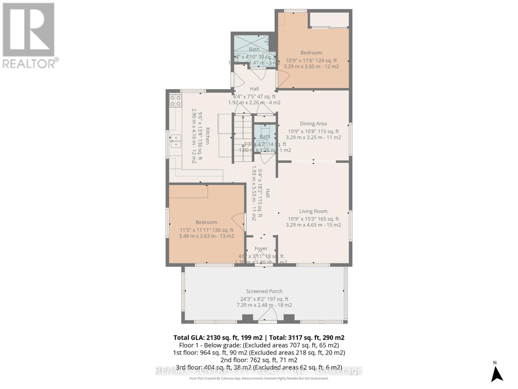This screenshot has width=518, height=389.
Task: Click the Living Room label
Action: point(313,211)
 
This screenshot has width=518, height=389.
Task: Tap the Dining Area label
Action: point(313,124)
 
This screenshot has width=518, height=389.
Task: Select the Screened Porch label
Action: point(264,291)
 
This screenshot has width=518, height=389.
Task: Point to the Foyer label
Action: point(261,249)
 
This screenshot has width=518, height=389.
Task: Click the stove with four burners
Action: point(175,100)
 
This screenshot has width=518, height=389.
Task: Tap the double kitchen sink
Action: point(175,141)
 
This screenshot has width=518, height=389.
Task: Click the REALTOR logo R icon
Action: point(28,30)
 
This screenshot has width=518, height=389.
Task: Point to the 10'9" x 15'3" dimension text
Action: point(313,219)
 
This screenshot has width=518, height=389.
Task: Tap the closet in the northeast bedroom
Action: point(329,20)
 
